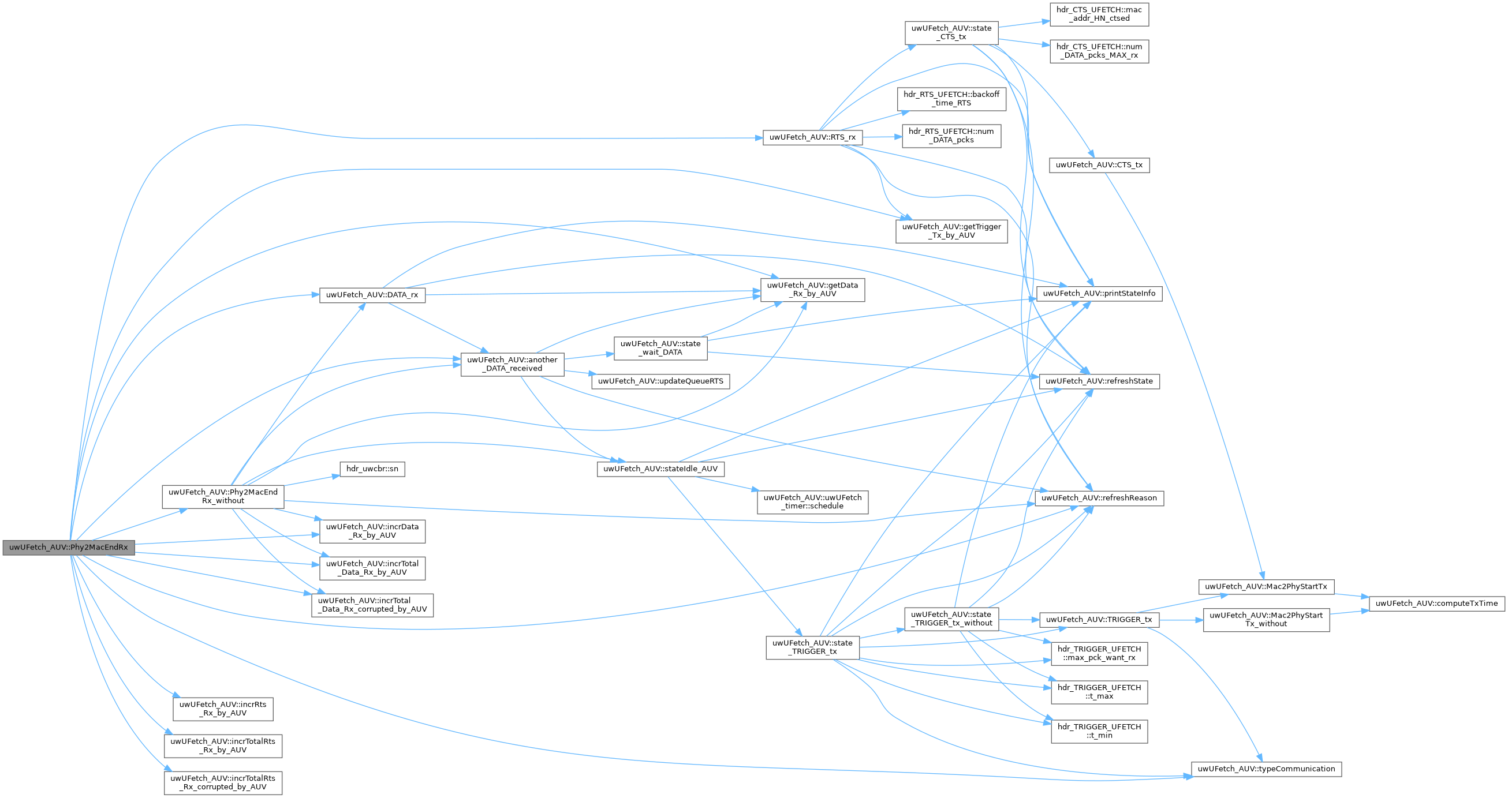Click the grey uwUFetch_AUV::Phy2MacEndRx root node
tap(69, 548)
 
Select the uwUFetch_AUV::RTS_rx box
tap(812, 137)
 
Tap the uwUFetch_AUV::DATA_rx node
tap(372, 295)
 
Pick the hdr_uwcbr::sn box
tap(372, 469)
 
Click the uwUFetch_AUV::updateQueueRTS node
tap(660, 381)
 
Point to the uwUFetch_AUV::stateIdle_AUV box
tap(660, 469)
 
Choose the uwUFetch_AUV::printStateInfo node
tap(1099, 294)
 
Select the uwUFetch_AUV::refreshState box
tap(1099, 381)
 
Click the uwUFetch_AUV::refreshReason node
tap(1099, 498)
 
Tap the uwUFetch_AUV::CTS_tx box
tap(1099, 165)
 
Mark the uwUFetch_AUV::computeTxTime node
tap(1436, 603)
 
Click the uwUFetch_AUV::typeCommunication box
tap(1266, 769)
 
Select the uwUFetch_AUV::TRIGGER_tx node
tap(1098, 620)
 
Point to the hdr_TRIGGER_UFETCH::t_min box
tap(1099, 731)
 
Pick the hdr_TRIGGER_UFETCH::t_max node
tap(1099, 692)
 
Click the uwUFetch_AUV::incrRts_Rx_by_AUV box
tap(222, 709)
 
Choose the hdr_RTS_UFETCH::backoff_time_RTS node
tap(951, 98)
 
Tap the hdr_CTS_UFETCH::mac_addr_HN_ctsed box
tap(1099, 14)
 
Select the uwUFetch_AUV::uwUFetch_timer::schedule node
tap(812, 502)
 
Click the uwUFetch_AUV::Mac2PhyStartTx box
tap(1266, 586)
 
